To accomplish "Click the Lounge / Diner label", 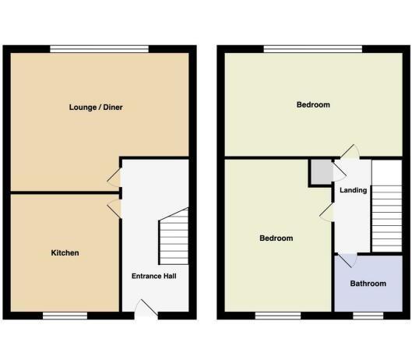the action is [96, 108].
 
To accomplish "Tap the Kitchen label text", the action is [65, 253].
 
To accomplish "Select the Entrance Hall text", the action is [154, 276].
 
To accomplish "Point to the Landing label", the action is [353, 190].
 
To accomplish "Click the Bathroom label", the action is [368, 284].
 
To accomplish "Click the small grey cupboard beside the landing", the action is [322, 172].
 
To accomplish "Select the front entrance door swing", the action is [146, 309].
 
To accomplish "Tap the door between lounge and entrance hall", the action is [114, 178].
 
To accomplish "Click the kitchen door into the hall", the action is [114, 209].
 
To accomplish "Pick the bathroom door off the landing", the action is [347, 260].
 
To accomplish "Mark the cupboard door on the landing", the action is [340, 171].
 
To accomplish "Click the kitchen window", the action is [65, 316].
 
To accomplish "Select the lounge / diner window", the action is [100, 49].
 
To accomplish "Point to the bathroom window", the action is [368, 316].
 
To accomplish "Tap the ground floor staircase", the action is [174, 237].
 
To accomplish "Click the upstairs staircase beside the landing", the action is [387, 218].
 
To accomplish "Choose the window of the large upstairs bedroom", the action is [313, 49].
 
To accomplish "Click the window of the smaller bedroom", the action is [278, 316].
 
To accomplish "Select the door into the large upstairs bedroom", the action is [350, 152].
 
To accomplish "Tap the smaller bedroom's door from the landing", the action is [326, 213].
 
